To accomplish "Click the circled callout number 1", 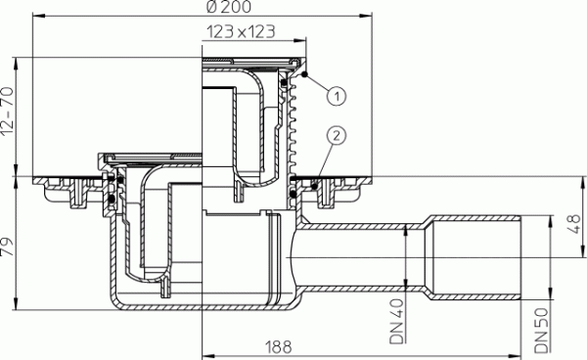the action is (x=336, y=95).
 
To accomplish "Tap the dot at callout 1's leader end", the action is (x=306, y=76).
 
